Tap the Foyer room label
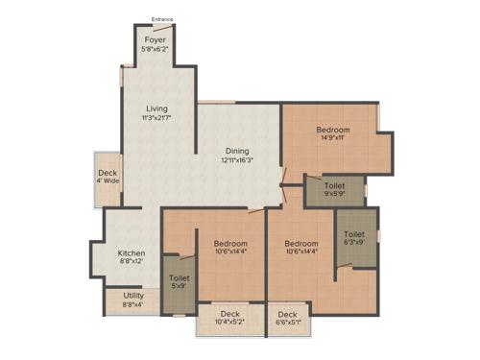pyautogui.click(x=155, y=40)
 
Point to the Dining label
pyautogui.click(x=237, y=151)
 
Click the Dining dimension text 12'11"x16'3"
pyautogui.click(x=237, y=160)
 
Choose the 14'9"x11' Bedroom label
pyautogui.click(x=333, y=130)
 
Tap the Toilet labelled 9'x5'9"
pyautogui.click(x=334, y=185)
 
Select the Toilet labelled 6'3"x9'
pyautogui.click(x=354, y=233)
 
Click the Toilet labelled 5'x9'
pyautogui.click(x=180, y=278)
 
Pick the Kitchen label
pyautogui.click(x=132, y=252)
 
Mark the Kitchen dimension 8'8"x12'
pyautogui.click(x=132, y=262)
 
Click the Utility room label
pyautogui.click(x=133, y=297)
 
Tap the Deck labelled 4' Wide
pyautogui.click(x=107, y=174)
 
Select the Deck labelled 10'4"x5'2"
pyautogui.click(x=229, y=314)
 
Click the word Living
pyautogui.click(x=157, y=108)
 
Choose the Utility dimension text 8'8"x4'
pyautogui.click(x=133, y=305)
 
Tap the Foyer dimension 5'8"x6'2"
pyautogui.click(x=155, y=50)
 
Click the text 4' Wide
pyautogui.click(x=107, y=180)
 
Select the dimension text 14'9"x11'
pyautogui.click(x=333, y=138)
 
